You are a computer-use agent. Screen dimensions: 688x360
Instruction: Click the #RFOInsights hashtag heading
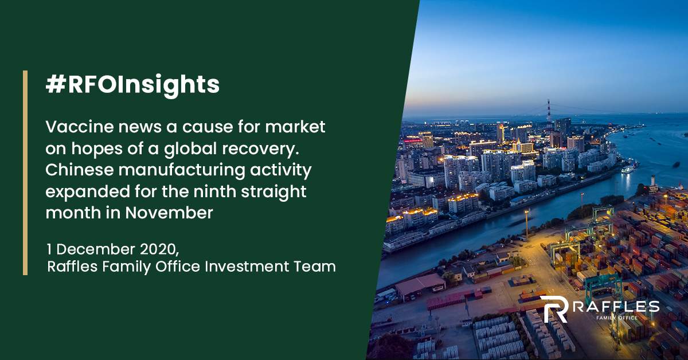(x=132, y=85)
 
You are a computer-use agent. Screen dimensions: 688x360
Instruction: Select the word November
(x=169, y=213)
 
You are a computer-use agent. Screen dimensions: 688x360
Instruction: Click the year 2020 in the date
(x=159, y=249)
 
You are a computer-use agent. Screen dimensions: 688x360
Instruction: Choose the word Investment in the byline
(x=247, y=267)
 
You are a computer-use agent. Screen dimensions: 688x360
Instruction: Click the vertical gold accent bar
(x=25, y=173)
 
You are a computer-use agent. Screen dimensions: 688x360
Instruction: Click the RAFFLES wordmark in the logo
(x=616, y=307)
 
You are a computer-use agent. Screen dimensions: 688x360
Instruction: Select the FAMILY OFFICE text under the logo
(x=617, y=318)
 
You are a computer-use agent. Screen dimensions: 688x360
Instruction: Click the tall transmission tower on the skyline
(x=549, y=112)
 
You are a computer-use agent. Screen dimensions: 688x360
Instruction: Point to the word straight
(x=273, y=192)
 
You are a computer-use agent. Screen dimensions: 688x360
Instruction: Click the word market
(x=295, y=127)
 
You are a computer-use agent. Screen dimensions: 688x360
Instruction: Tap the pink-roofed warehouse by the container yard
(x=420, y=284)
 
